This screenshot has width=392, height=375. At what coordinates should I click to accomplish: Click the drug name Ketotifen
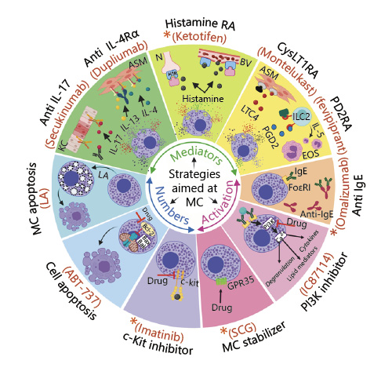click(x=198, y=36)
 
